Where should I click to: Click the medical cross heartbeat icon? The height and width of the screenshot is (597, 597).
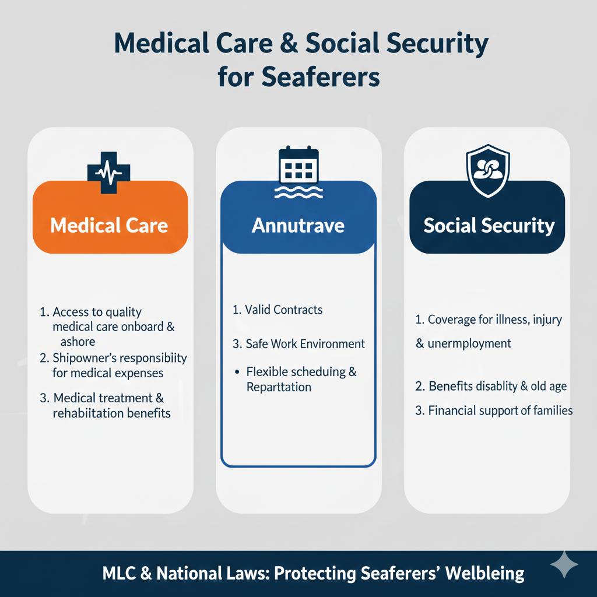(x=108, y=172)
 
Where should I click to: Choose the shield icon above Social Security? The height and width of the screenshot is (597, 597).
(x=488, y=171)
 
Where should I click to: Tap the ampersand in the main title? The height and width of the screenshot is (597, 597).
(x=292, y=45)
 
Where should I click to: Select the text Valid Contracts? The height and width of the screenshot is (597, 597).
(x=284, y=310)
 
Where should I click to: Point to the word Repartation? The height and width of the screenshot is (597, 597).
(x=279, y=387)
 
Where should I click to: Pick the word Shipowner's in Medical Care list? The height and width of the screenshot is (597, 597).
(x=83, y=357)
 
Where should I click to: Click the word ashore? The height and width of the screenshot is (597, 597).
(x=78, y=342)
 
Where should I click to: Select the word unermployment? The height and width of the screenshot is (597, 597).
(x=469, y=343)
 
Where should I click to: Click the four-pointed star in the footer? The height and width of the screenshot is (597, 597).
(x=564, y=565)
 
